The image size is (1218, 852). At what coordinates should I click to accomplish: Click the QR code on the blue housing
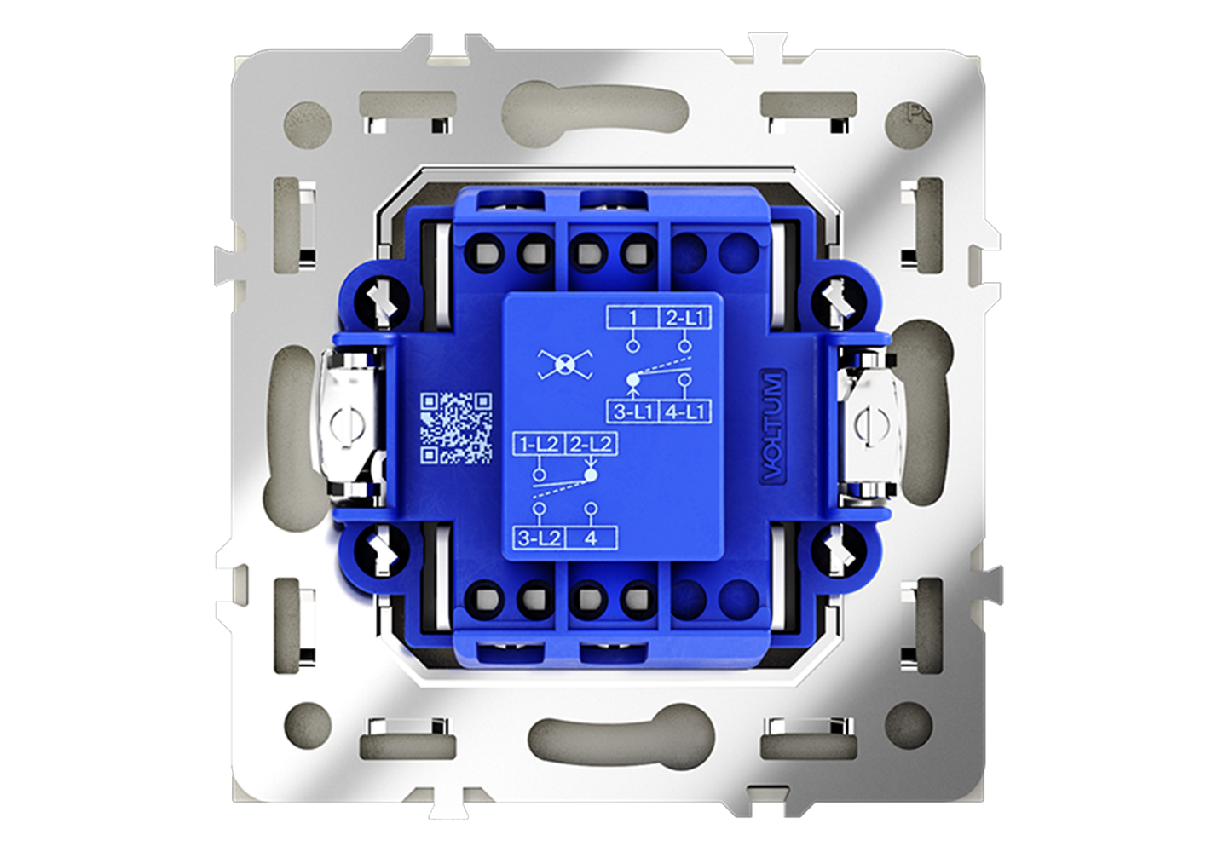457,429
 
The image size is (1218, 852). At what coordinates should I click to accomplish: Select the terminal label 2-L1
685,317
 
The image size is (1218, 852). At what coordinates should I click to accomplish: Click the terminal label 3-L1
633,412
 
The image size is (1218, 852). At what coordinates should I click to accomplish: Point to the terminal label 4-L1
685,412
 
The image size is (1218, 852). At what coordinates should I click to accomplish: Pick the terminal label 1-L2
540,445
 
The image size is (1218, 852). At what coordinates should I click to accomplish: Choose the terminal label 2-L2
592,445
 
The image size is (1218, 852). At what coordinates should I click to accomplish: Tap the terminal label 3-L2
540,538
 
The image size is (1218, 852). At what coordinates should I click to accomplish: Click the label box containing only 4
592,538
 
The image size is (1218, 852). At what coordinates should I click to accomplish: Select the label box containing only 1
633,317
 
